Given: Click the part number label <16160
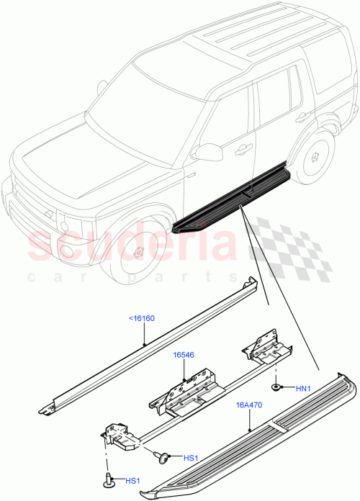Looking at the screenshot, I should point(141,317).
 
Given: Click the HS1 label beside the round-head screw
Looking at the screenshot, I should point(190,458).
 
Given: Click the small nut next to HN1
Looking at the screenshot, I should point(277,387).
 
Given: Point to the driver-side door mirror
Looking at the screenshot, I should point(207,152).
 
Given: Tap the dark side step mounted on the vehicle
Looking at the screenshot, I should point(230,201).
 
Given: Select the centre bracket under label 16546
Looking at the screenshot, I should point(189,393).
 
